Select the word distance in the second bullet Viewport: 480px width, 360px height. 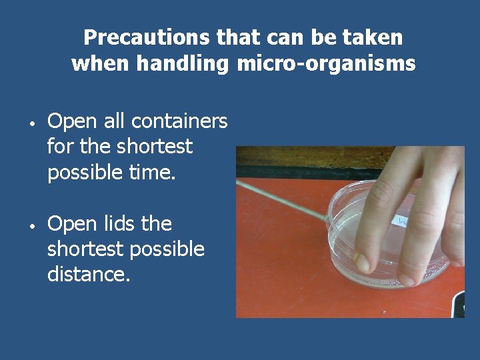87,274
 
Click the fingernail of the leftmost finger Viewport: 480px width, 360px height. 363,263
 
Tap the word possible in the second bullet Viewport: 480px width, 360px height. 167,249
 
